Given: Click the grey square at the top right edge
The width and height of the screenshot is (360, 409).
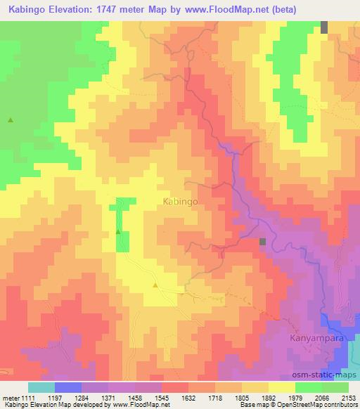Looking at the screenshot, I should click(x=325, y=27).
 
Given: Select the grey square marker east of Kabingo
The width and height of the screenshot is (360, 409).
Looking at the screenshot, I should click(x=262, y=242).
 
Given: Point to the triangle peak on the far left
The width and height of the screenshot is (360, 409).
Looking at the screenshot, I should click(x=11, y=120).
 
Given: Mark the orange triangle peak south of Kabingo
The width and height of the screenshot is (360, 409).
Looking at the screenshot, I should click(x=155, y=285).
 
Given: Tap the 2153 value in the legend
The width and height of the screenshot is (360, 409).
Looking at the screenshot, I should click(x=347, y=397).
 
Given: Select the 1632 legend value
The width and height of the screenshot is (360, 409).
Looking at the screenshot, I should click(x=188, y=397).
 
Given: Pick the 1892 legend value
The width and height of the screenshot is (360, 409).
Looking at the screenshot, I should click(x=268, y=397).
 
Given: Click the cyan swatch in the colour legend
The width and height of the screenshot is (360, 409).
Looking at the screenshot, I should click(x=41, y=387).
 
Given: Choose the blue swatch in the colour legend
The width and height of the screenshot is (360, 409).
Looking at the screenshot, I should click(x=67, y=387).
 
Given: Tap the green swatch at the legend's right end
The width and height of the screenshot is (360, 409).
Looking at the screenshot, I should click(x=335, y=387).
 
